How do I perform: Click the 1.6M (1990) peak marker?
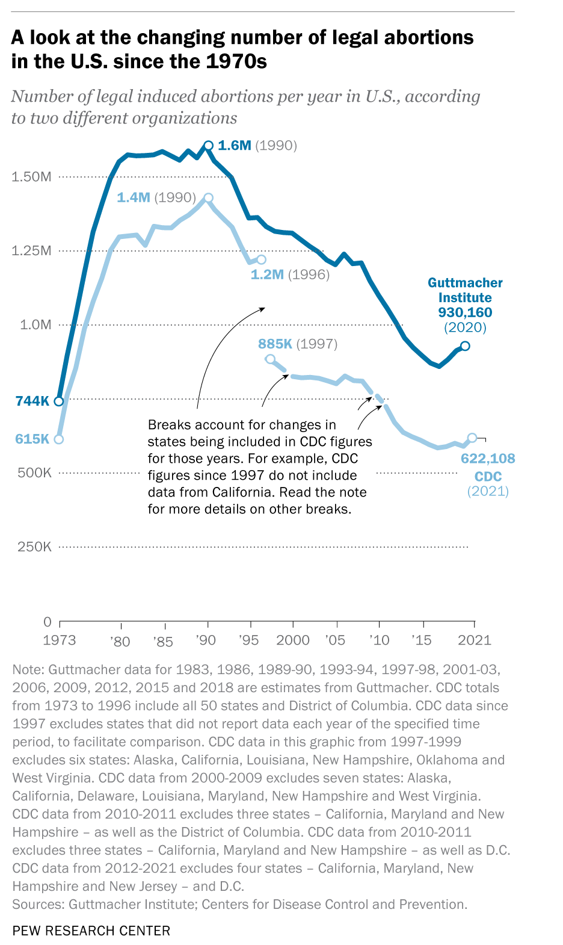(208, 145)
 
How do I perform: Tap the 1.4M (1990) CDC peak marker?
(208, 198)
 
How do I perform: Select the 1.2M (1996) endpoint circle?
(261, 259)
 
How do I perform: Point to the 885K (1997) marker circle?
(270, 359)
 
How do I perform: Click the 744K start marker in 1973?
(59, 401)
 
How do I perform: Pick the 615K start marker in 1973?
(59, 439)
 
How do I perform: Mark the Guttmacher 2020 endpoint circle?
(465, 346)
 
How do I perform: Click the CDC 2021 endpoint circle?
(472, 438)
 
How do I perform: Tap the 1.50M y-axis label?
(32, 176)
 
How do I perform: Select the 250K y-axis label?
(34, 547)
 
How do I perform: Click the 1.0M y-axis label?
(35, 325)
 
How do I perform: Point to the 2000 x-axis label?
(293, 639)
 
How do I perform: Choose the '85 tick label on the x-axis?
(162, 642)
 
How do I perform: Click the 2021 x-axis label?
(475, 639)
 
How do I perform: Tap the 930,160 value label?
(465, 312)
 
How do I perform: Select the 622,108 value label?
(488, 459)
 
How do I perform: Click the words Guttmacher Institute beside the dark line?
(465, 290)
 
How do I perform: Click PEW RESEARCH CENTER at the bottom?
(91, 931)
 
